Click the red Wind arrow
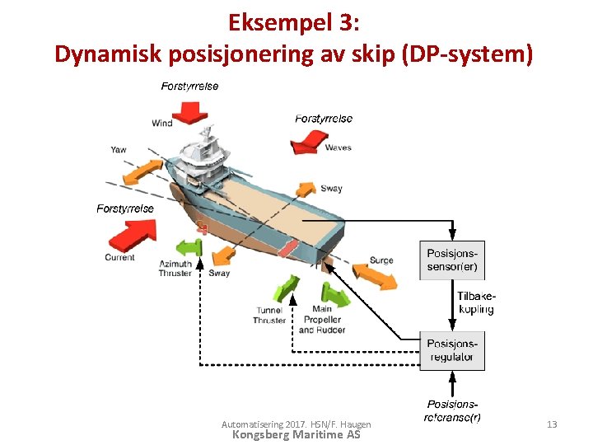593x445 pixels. pyautogui.click(x=191, y=110)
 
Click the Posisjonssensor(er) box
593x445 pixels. pyautogui.click(x=452, y=259)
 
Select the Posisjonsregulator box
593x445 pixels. pyautogui.click(x=452, y=349)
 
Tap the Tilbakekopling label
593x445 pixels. pyautogui.click(x=476, y=302)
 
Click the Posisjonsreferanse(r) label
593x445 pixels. pyautogui.click(x=452, y=410)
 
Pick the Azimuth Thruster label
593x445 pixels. pyautogui.click(x=175, y=268)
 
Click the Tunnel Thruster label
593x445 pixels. pyautogui.click(x=269, y=315)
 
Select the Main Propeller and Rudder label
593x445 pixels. pyautogui.click(x=322, y=320)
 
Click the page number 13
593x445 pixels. pyautogui.click(x=552, y=424)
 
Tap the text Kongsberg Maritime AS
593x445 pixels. pyautogui.click(x=296, y=434)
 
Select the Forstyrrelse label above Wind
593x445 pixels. pyautogui.click(x=190, y=86)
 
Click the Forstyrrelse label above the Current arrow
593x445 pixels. pyautogui.click(x=125, y=208)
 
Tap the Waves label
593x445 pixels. pyautogui.click(x=339, y=148)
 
